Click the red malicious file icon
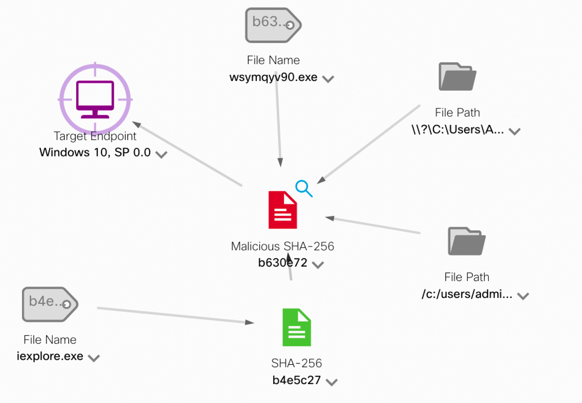point(283,210)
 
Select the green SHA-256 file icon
point(296,327)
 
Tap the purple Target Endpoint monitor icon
point(95,99)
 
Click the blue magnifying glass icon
point(303,188)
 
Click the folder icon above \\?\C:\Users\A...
point(457,77)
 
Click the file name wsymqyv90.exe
point(273,77)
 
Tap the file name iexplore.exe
point(50,356)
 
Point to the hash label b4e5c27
point(296,380)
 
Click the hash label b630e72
point(283,263)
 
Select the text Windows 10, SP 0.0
point(95,153)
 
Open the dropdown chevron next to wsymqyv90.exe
point(328,79)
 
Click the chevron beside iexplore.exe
point(94,358)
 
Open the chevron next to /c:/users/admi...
point(523,296)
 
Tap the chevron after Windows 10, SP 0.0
point(161,155)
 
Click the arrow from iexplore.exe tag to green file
point(175,315)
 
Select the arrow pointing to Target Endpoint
point(187,154)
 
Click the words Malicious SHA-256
point(283,246)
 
